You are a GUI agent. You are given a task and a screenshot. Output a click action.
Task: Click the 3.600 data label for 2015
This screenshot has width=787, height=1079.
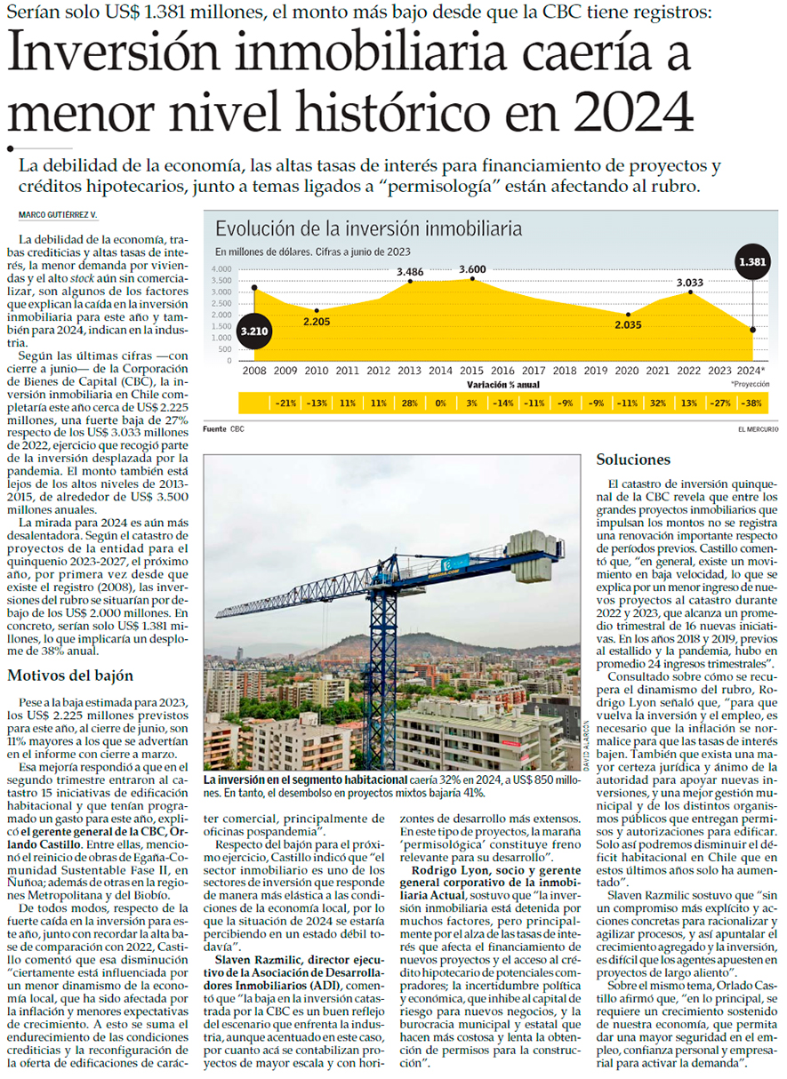pyautogui.click(x=472, y=269)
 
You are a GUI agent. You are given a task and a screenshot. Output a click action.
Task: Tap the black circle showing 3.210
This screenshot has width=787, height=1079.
pyautogui.click(x=253, y=331)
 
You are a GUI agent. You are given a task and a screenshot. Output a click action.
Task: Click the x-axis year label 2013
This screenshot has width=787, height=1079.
pyautogui.click(x=410, y=370)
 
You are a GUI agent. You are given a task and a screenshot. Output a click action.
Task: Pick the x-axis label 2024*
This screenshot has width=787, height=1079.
pyautogui.click(x=752, y=370)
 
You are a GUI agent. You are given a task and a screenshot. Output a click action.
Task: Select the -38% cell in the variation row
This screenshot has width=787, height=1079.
pyautogui.click(x=752, y=403)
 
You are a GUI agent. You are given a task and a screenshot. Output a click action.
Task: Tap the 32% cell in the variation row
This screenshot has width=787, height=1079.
pyautogui.click(x=659, y=403)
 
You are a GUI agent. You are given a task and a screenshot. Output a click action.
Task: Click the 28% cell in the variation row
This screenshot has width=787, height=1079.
pyautogui.click(x=410, y=403)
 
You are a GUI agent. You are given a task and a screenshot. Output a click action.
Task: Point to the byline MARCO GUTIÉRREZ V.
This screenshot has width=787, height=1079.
pyautogui.click(x=57, y=216)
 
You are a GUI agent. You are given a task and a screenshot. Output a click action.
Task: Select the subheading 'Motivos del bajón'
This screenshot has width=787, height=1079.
pyautogui.click(x=70, y=675)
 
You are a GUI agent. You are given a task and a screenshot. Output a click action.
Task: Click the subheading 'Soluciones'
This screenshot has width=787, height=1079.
pyautogui.click(x=634, y=460)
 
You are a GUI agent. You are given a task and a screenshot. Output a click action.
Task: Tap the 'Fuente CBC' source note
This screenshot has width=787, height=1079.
pyautogui.click(x=223, y=429)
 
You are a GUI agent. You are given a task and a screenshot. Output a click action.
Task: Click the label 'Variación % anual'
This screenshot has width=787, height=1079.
pyautogui.click(x=503, y=385)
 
